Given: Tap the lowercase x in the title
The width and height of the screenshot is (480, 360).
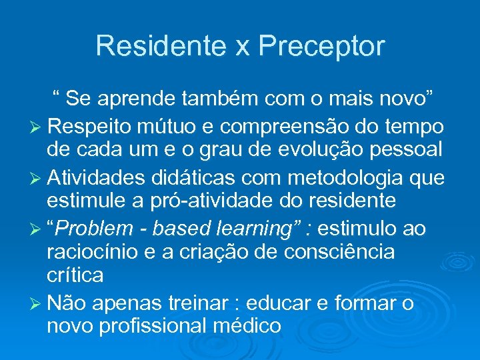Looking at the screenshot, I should [x=241, y=48].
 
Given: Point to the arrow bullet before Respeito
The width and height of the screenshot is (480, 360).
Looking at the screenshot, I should [x=37, y=127].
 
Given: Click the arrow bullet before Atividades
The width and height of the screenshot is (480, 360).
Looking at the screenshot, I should [x=37, y=178].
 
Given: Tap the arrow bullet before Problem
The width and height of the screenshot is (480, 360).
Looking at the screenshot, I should [x=37, y=229].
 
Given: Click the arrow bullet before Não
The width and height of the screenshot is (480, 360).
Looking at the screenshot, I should [x=37, y=304].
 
